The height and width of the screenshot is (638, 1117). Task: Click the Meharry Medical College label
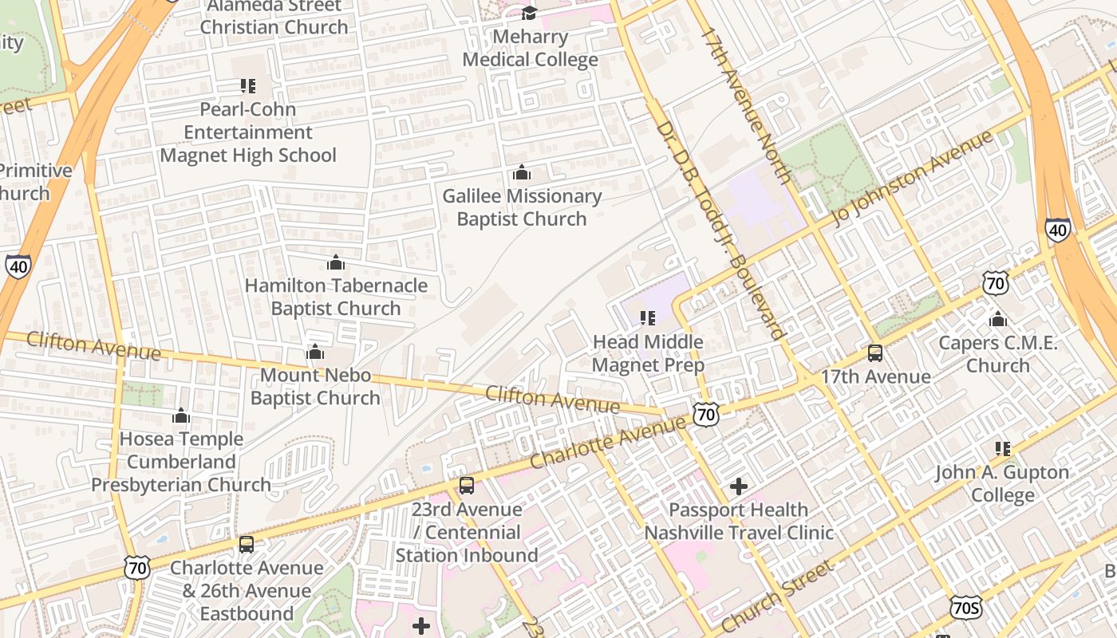point(530,49)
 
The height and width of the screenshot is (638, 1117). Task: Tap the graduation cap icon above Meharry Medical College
point(529,13)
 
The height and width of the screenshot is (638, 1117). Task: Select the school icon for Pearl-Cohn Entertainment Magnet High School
point(247,85)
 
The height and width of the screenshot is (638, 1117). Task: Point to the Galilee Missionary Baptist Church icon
point(521,172)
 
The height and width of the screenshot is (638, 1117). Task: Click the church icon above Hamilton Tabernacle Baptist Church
point(336,262)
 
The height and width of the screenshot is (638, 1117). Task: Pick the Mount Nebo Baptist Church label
point(315,387)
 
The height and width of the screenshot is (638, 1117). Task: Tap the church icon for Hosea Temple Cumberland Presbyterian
point(181,415)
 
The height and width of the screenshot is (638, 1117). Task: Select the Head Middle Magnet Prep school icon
point(648,318)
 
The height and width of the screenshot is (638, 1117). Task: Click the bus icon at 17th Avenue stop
point(875,353)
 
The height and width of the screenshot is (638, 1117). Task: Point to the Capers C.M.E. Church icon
point(997,320)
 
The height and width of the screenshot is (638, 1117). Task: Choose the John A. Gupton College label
point(1002,484)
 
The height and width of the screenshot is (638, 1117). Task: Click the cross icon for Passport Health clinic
point(739,486)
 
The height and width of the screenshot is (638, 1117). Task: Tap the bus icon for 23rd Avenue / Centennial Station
point(467,485)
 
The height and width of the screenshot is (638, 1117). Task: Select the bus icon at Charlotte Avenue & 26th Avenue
point(247,545)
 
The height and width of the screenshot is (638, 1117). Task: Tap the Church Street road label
point(778,596)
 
